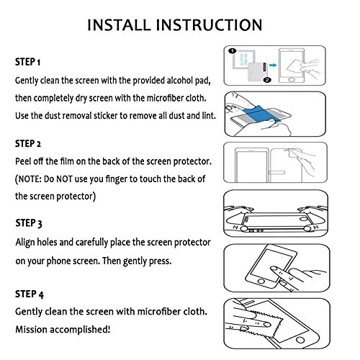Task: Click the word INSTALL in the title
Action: [x=119, y=25]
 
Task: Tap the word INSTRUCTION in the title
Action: [x=209, y=25]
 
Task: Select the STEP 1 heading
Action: [x=27, y=62]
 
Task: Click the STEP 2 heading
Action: [x=28, y=143]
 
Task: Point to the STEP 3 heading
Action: [x=29, y=223]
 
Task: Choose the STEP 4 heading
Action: [x=30, y=294]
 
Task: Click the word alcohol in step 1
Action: [x=179, y=81]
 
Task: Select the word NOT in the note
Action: [x=64, y=179]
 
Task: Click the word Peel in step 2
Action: [x=22, y=161]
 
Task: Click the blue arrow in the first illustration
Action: [x=273, y=65]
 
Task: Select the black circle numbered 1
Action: [x=233, y=51]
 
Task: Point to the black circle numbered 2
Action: [x=267, y=80]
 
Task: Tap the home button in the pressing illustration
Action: [x=261, y=281]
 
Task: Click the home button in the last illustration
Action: [x=300, y=340]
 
